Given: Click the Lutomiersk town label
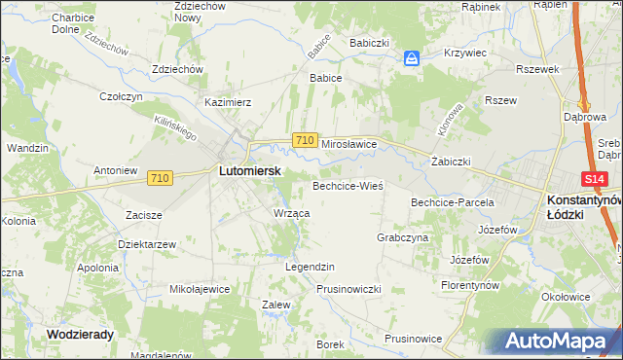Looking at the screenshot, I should click(249, 170).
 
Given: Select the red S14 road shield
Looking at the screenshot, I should click(596, 180).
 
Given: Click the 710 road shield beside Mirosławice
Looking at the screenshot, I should click(305, 141).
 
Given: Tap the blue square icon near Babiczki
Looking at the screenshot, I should click(412, 58).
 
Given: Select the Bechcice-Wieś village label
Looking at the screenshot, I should click(348, 185).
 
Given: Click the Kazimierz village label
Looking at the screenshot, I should click(228, 101).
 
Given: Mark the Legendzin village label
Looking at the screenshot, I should click(310, 266).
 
